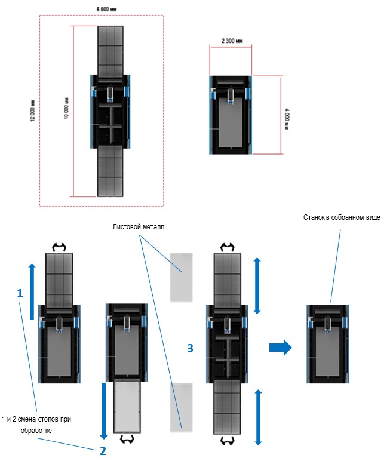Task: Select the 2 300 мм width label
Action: pos(231,42)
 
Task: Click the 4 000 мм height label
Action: pos(287,114)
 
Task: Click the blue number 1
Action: pos(20,294)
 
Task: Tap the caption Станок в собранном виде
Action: pos(341,217)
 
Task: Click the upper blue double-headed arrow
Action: pos(257,285)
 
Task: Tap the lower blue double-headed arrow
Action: pos(257,416)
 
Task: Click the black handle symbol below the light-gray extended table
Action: pos(127,441)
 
